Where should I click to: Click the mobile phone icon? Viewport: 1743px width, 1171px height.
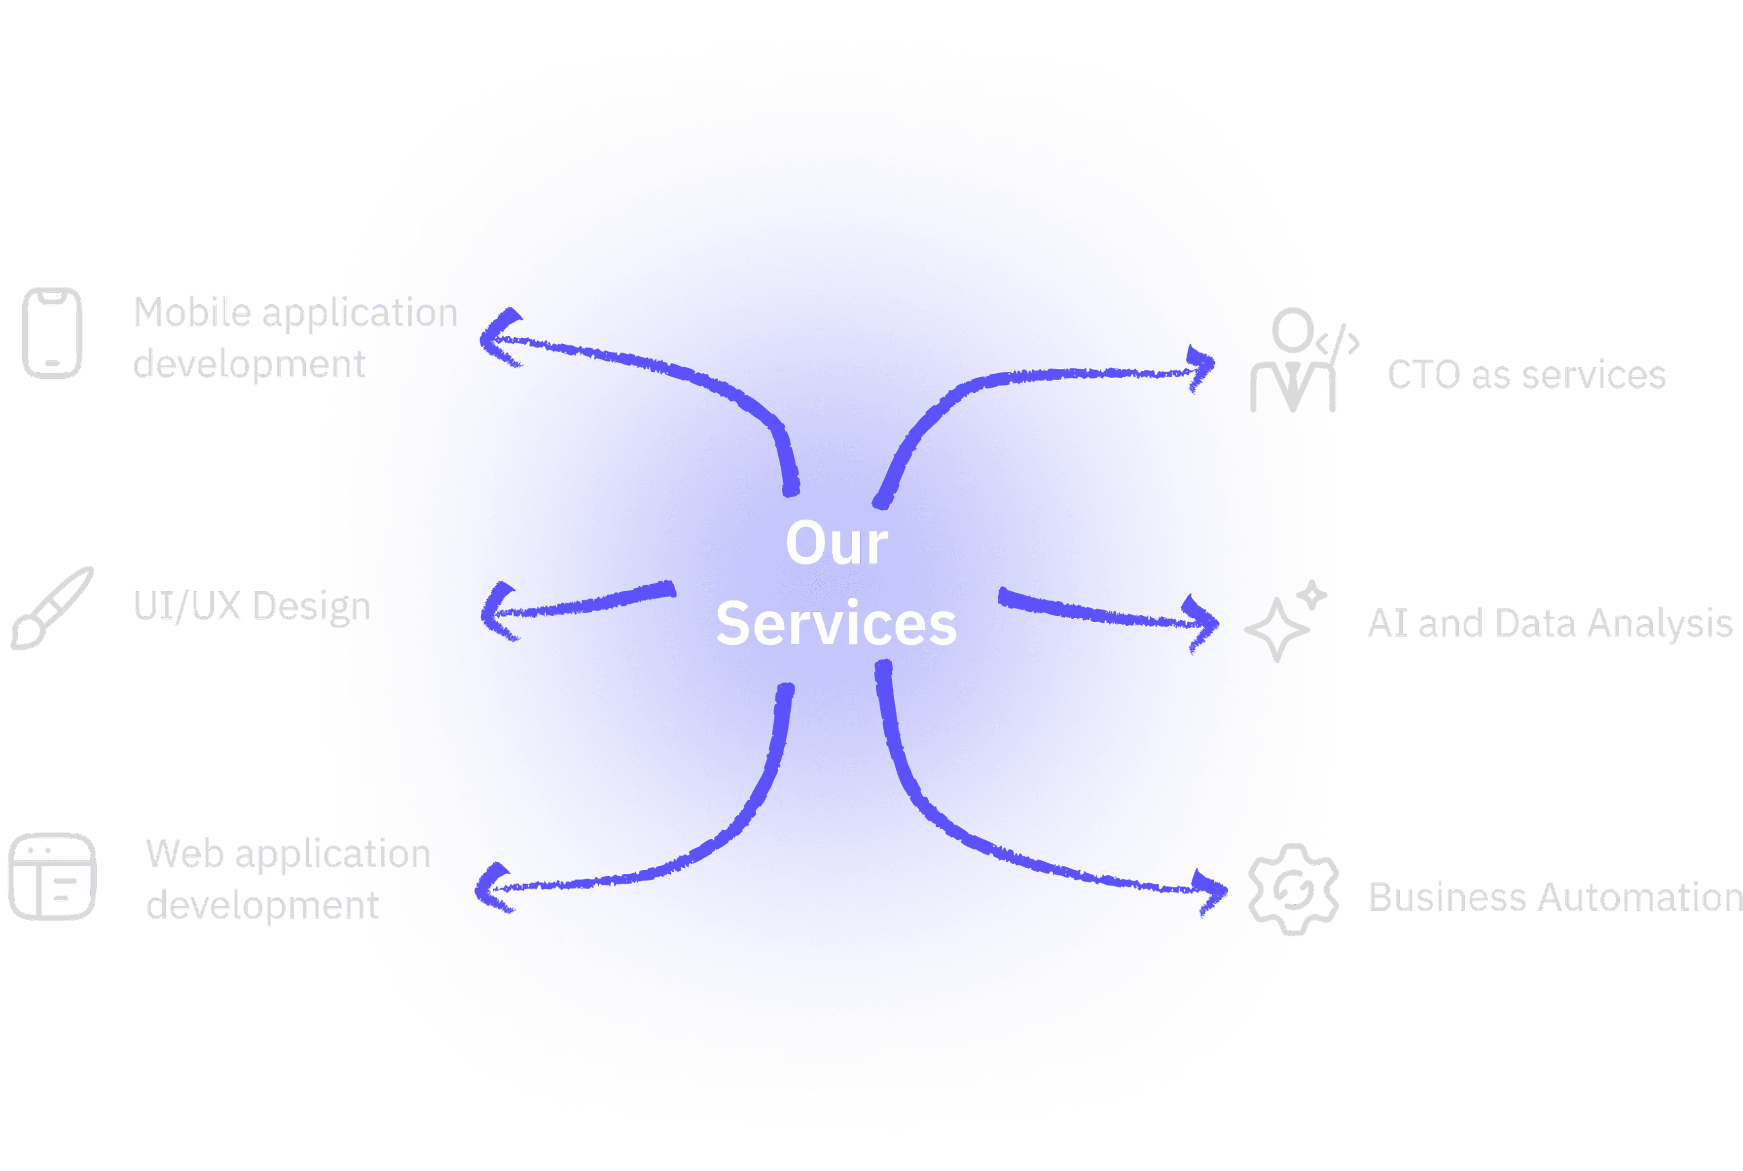(52, 333)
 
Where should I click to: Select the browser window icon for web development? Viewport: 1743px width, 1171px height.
(52, 877)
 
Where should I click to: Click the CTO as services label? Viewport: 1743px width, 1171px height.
(1526, 375)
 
